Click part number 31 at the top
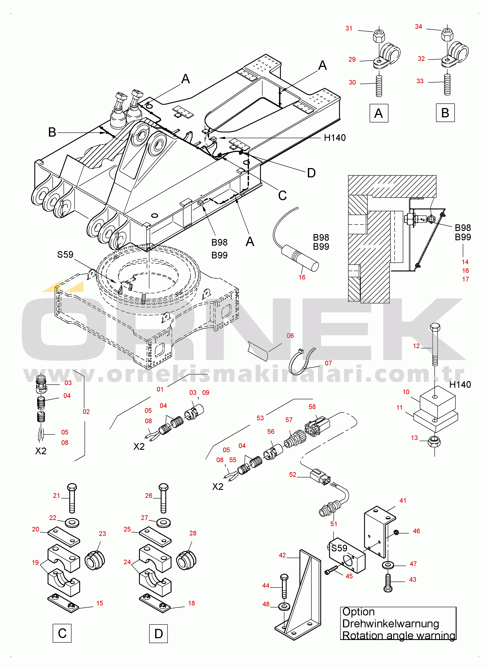(x=349, y=28)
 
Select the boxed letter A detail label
(x=379, y=113)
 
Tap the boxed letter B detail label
(x=445, y=113)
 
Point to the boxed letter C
(x=62, y=633)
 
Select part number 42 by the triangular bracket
(x=282, y=555)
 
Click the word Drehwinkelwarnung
(x=391, y=624)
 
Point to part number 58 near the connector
(x=312, y=407)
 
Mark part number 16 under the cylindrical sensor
(x=302, y=277)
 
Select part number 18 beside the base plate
(x=191, y=603)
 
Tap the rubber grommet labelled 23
(x=95, y=560)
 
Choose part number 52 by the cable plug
(x=292, y=474)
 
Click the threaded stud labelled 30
(x=379, y=86)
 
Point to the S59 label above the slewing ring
(x=65, y=254)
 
